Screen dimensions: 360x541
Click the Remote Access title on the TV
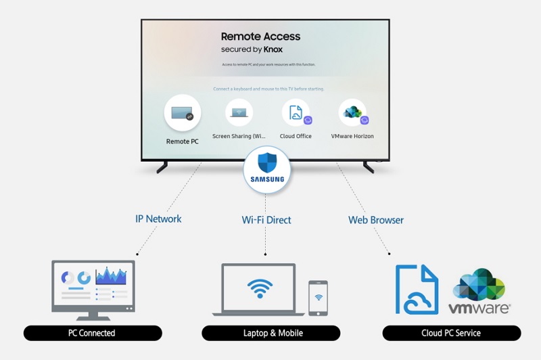point(260,37)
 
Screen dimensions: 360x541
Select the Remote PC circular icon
point(183,113)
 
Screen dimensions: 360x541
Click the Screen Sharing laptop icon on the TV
point(239,113)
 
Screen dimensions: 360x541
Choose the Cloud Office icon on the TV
point(296,113)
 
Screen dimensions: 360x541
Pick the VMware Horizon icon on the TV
point(352,113)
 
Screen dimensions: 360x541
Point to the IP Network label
point(158,219)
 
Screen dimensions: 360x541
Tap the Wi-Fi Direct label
point(266,219)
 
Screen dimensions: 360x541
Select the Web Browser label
point(375,219)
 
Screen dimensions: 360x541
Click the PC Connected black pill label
point(92,333)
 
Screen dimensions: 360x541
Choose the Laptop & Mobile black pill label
point(270,333)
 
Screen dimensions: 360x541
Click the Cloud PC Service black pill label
point(450,333)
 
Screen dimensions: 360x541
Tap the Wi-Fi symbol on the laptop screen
point(258,288)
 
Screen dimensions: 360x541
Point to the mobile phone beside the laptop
point(318,297)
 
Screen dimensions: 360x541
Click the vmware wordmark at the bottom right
point(479,309)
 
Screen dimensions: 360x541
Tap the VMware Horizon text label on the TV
point(352,136)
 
